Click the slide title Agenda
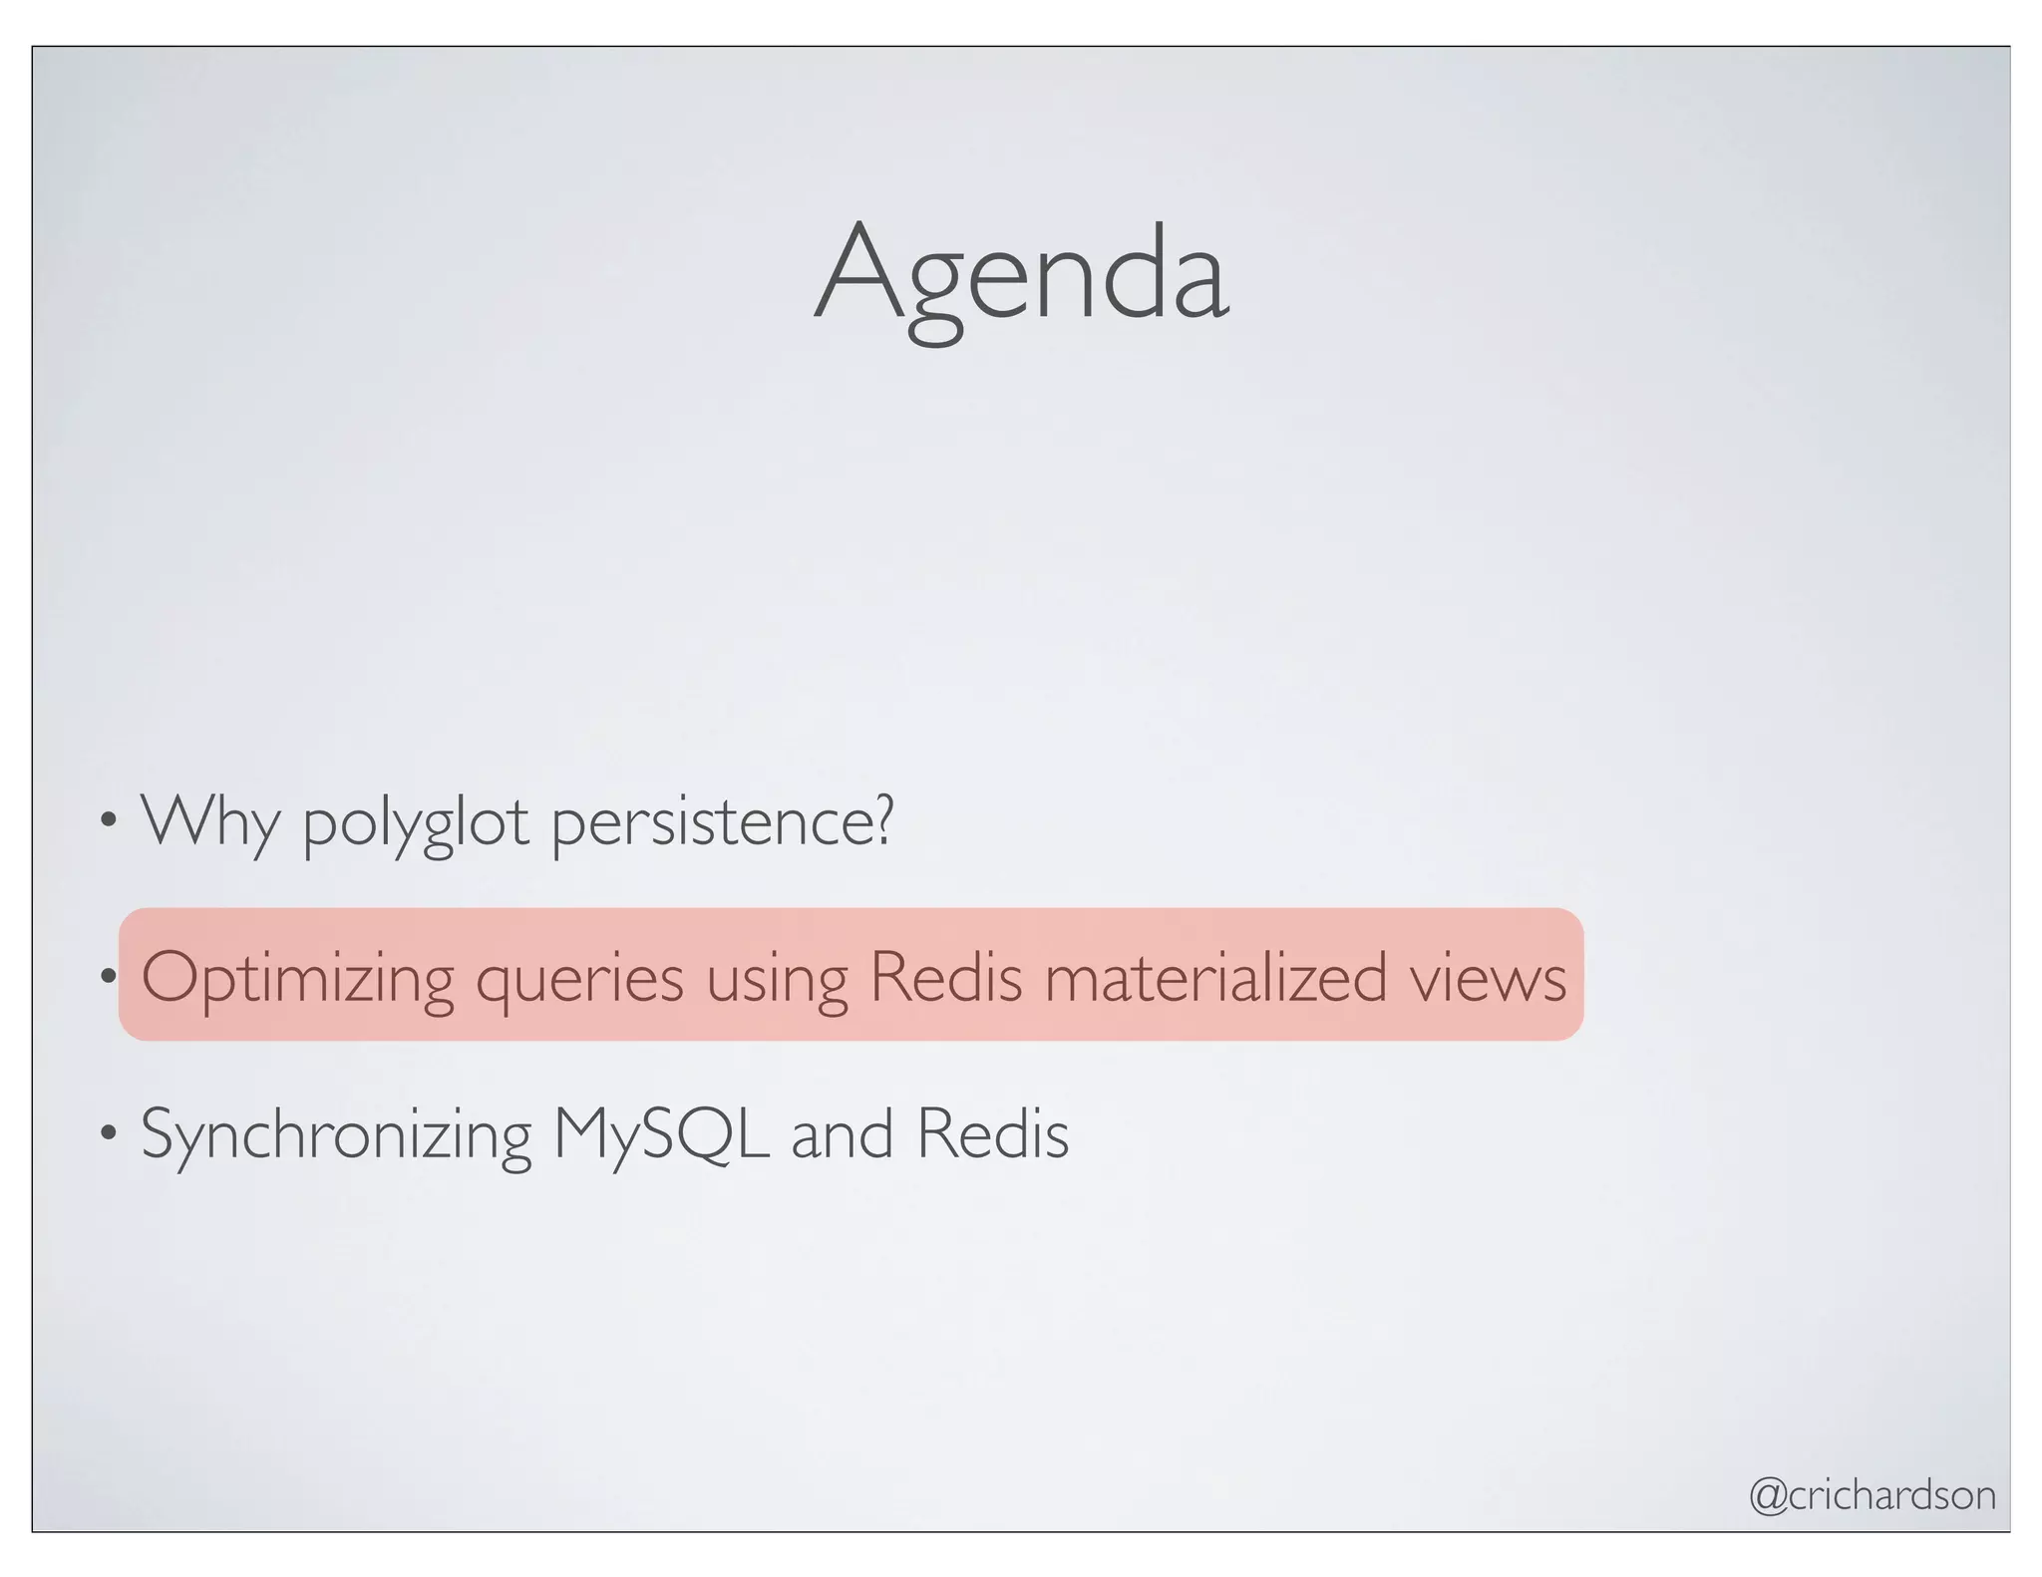point(1021,274)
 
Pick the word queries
point(579,981)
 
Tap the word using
point(777,981)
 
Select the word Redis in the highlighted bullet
point(945,976)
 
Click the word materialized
point(1215,976)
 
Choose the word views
point(1488,978)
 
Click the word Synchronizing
point(336,1135)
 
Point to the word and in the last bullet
point(842,1135)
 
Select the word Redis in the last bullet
point(992,1133)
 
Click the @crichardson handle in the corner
point(1872,1494)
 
